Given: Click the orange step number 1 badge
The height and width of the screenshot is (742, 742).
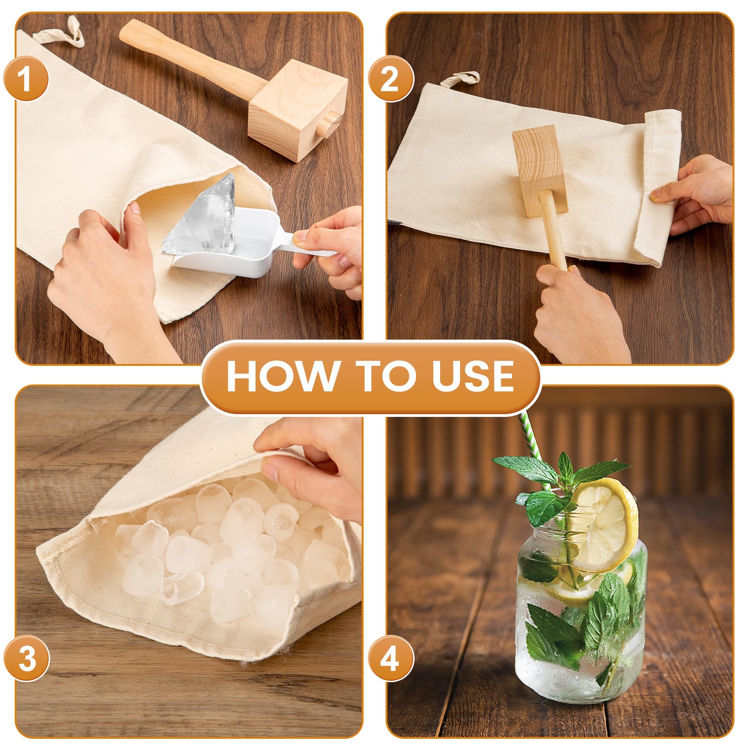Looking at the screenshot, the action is click(26, 78).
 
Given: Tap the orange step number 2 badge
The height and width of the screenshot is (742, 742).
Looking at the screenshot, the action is click(390, 78).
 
